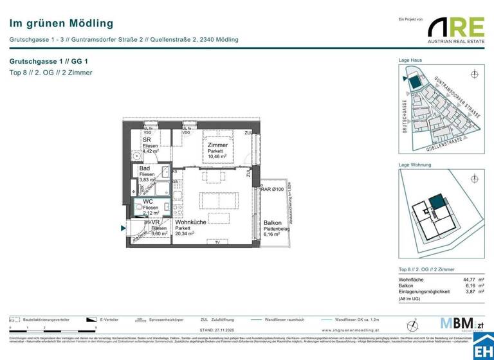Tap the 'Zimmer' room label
[218, 145]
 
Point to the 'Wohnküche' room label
[190, 222]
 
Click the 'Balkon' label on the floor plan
[272, 222]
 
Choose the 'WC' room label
[147, 201]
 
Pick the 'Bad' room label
[145, 168]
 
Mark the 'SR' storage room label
[147, 139]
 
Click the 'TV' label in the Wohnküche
[217, 242]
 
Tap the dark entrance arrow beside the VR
[123, 227]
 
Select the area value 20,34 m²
[186, 235]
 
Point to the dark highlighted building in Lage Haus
[416, 82]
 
